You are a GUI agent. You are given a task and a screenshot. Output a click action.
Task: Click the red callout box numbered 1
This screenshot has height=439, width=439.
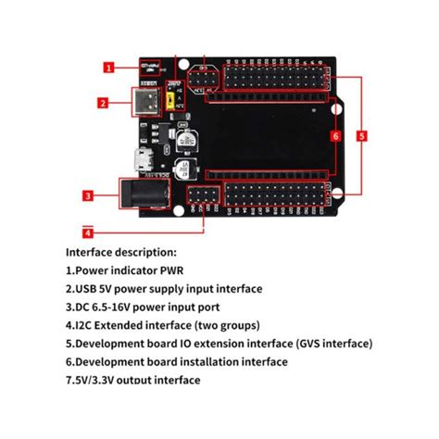[x=108, y=67]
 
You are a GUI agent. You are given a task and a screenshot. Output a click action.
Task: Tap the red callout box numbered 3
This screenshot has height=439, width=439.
[x=86, y=195]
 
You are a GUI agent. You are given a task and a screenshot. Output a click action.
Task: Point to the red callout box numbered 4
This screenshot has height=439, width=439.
[x=88, y=231]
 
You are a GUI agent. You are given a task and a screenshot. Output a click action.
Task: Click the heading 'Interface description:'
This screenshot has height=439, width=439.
[x=121, y=252]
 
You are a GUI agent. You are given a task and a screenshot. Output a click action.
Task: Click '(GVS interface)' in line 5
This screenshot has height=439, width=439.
[x=328, y=344]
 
